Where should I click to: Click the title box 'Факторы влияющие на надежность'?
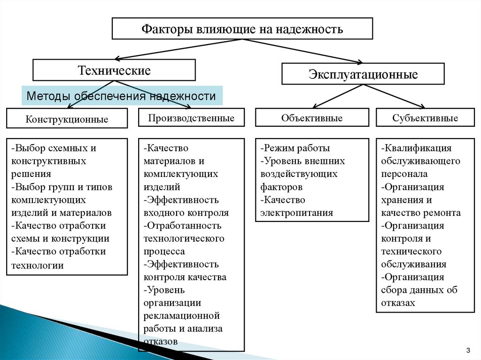pyautogui.click(x=242, y=29)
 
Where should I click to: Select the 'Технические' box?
pyautogui.click(x=114, y=70)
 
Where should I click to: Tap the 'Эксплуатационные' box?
pyautogui.click(x=363, y=74)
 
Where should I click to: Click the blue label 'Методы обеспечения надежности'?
pyautogui.click(x=121, y=96)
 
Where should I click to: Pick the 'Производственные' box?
pyautogui.click(x=191, y=118)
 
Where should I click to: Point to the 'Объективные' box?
pyautogui.click(x=312, y=118)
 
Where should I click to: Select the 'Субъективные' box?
pyautogui.click(x=425, y=118)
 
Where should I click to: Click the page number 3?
pyautogui.click(x=468, y=350)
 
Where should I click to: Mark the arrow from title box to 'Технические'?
pyautogui.click(x=178, y=49)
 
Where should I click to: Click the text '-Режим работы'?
pyautogui.click(x=295, y=148)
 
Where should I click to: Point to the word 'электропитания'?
pyautogui.click(x=296, y=213)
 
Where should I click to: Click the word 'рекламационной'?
pyautogui.click(x=182, y=315)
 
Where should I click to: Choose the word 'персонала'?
pyautogui.click(x=404, y=174)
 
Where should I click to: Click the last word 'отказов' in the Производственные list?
pyautogui.click(x=161, y=341)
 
